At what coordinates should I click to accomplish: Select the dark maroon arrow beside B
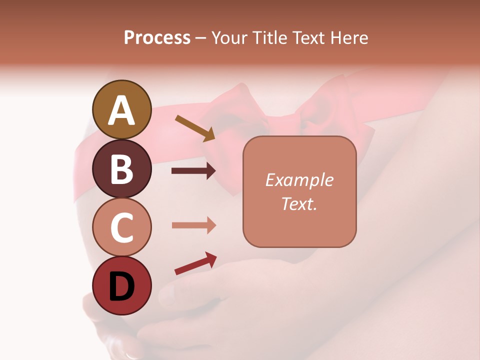[x=193, y=171]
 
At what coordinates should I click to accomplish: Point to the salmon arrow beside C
[x=193, y=225]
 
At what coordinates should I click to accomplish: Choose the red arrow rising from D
[x=195, y=263]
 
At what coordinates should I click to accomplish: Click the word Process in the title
[x=157, y=37]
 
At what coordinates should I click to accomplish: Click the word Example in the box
[x=299, y=180]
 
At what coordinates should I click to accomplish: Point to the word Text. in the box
[x=299, y=203]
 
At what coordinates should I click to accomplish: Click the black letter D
[x=121, y=287]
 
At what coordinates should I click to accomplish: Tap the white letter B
[x=121, y=169]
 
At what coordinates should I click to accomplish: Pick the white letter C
[x=121, y=228]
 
